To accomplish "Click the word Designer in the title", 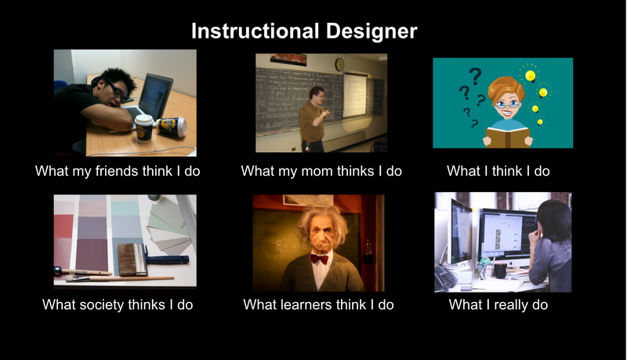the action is [371, 31].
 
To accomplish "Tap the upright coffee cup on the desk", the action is [143, 128].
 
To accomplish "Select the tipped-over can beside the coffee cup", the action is [172, 126].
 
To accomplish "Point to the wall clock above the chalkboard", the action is [339, 64].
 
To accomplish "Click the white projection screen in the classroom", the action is [354, 95].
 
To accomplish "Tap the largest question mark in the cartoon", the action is [475, 76].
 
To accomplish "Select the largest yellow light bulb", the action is [531, 75].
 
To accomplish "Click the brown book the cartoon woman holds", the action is [507, 136].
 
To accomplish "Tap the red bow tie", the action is [319, 259].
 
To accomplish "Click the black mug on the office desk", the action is [501, 271].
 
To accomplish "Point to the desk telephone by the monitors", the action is [445, 277].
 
